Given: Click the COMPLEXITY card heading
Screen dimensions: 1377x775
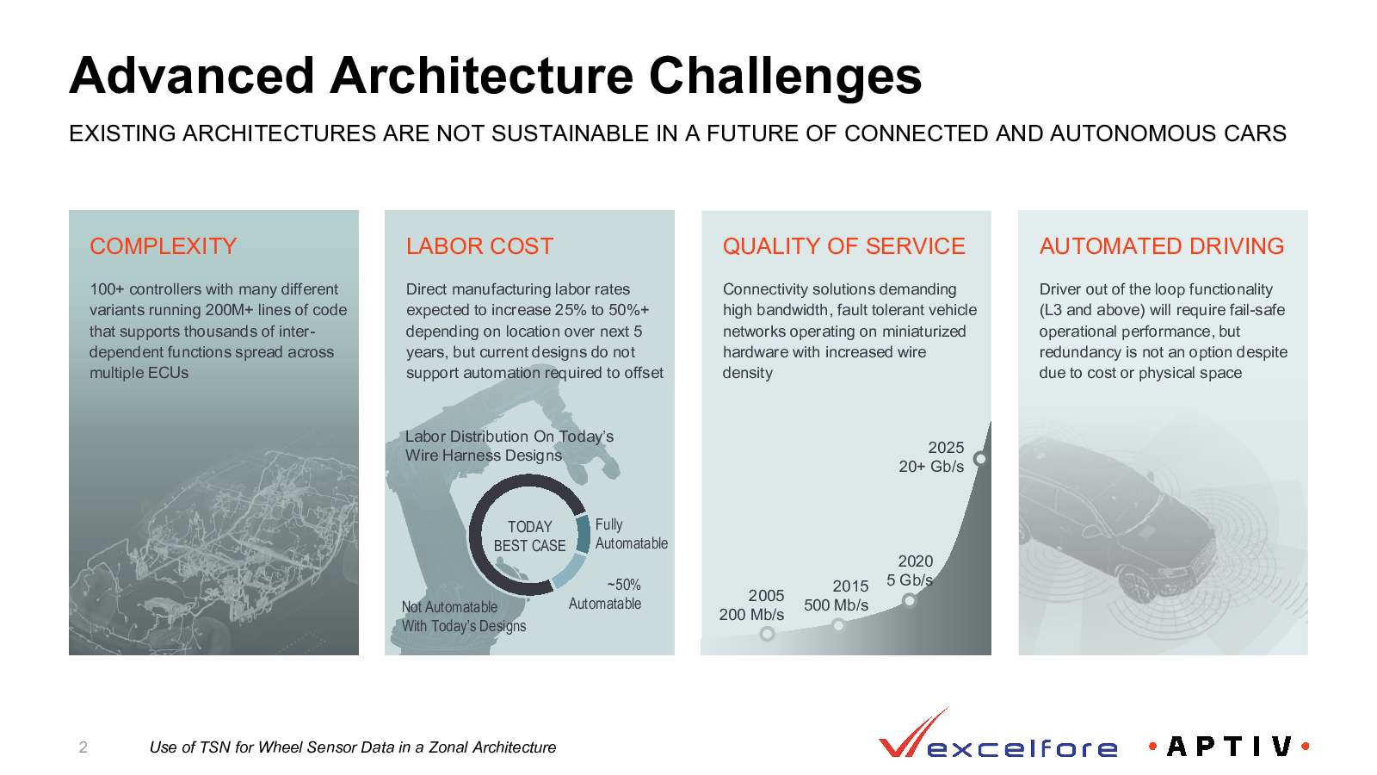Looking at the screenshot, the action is coord(163,246).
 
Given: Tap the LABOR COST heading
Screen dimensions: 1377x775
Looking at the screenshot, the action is coord(479,246).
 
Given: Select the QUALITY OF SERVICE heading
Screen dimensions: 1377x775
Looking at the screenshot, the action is coord(843,246).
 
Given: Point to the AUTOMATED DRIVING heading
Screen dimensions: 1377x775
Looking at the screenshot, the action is coord(1161,246).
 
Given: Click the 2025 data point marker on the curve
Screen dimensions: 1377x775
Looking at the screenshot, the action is coord(980,458).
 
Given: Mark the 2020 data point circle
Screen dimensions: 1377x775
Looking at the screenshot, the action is coord(909,599).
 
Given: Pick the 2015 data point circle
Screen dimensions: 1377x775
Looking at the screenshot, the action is coord(838,625).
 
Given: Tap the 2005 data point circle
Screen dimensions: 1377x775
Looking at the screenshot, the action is coord(767,634).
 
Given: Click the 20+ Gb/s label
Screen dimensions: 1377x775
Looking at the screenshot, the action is coord(931,466).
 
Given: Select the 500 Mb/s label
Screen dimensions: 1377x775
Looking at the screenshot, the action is coord(836,605).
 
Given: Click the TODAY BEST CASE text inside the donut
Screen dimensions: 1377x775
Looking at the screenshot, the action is coord(529,536).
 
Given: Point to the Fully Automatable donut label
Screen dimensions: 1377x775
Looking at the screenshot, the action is coord(632,534).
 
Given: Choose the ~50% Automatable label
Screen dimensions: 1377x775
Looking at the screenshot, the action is coord(605,594).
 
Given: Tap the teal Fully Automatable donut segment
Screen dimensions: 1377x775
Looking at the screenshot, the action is coord(582,534).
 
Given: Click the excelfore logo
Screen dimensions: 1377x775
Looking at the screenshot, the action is coord(997,734).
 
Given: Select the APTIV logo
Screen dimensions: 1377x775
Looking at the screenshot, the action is coord(1229,747).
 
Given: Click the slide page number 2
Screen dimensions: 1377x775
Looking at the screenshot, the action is coord(83,747).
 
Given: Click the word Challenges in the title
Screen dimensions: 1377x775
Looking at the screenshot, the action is coord(785,77).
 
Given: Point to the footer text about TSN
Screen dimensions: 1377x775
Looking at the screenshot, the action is coord(353,747).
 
